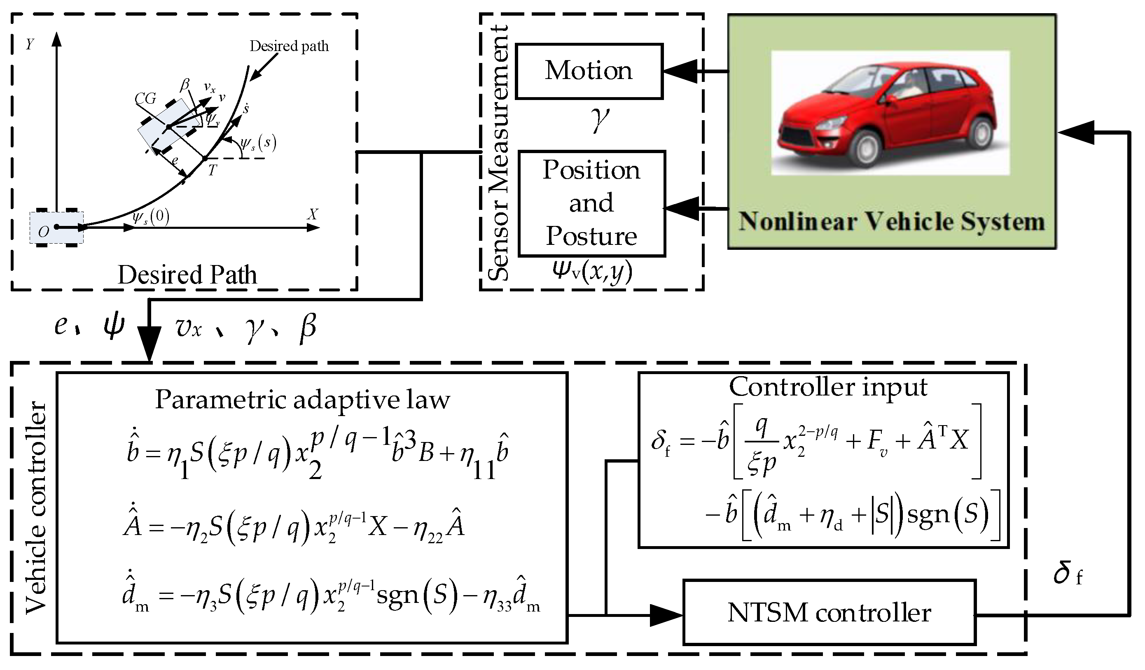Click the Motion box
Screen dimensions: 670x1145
(x=589, y=71)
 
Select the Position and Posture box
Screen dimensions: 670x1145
(x=591, y=203)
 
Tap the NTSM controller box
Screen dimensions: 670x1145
(x=829, y=612)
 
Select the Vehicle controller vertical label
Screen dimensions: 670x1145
(x=36, y=508)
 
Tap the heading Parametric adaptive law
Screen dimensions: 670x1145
(x=303, y=400)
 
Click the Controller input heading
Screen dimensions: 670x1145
(x=828, y=387)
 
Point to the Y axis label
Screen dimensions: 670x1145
(x=30, y=44)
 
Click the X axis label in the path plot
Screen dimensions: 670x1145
(x=313, y=214)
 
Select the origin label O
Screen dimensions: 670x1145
(x=43, y=232)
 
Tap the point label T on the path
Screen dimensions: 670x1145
(x=212, y=171)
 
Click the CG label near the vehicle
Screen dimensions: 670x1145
(x=145, y=98)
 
